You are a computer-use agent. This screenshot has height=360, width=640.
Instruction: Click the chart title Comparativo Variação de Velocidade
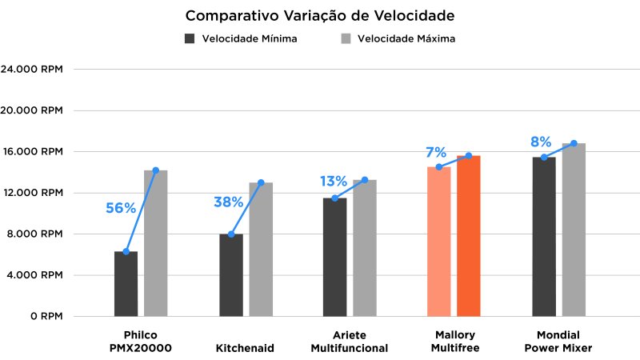click(320, 16)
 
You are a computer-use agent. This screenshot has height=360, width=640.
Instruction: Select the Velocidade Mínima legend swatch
click(190, 38)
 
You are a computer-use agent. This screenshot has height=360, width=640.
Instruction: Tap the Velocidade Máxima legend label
click(406, 38)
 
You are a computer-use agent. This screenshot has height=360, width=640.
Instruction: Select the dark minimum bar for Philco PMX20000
click(126, 284)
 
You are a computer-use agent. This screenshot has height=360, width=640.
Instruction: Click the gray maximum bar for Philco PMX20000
click(155, 243)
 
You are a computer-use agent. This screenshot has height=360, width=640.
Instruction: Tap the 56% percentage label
click(120, 208)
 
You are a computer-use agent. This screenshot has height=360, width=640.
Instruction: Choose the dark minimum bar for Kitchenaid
click(231, 275)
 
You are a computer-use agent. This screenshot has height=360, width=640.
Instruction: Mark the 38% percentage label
click(228, 202)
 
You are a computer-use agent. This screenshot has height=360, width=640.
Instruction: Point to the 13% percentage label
click(333, 182)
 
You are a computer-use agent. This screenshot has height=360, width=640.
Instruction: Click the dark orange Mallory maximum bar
click(469, 236)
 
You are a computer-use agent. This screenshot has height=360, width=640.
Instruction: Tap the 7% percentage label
click(435, 152)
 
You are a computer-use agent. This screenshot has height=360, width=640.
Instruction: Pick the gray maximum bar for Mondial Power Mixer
click(574, 230)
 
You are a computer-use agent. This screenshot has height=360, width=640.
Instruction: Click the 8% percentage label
click(541, 142)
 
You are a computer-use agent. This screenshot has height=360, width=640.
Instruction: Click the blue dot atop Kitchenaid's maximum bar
click(261, 182)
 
